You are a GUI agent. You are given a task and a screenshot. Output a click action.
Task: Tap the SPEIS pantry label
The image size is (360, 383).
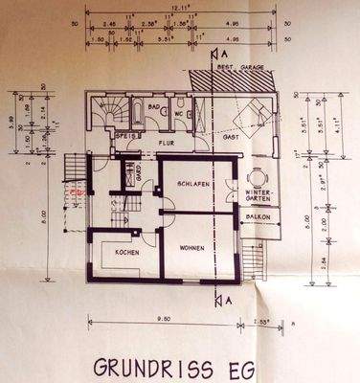122,136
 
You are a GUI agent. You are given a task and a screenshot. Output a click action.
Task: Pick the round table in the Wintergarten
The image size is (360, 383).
256,179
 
